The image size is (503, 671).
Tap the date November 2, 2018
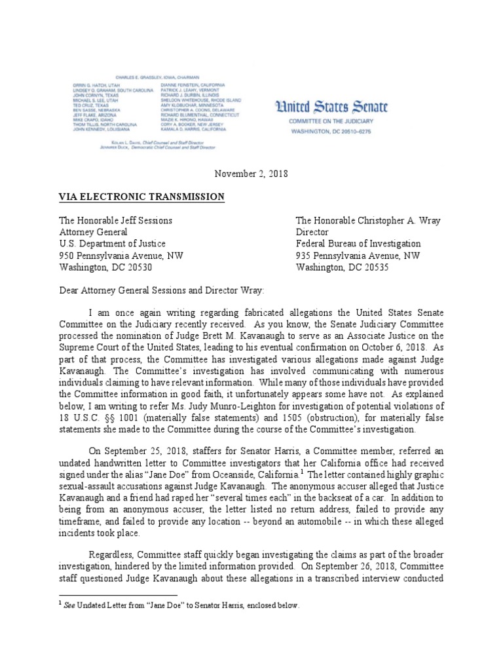click(251, 174)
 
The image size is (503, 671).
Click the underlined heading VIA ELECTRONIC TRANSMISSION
click(142, 197)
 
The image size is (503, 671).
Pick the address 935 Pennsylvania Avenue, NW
click(358, 256)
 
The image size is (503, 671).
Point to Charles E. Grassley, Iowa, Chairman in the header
click(153, 77)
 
